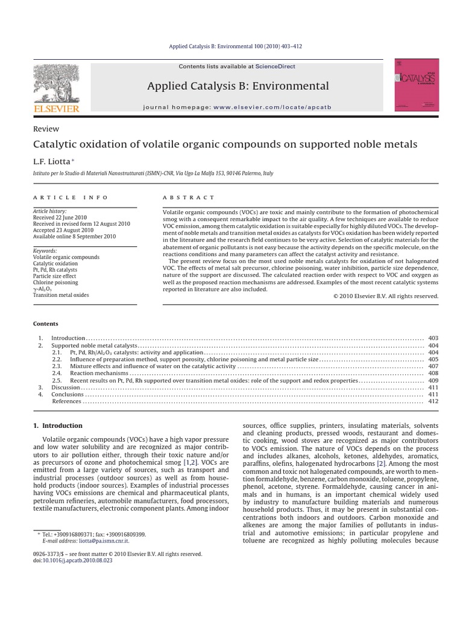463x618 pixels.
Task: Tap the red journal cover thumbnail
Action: coord(416,85)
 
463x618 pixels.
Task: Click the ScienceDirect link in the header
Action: coord(275,66)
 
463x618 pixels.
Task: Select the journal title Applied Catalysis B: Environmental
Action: coord(238,86)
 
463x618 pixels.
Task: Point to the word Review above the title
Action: coord(46,129)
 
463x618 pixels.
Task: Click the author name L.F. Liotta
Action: coord(52,161)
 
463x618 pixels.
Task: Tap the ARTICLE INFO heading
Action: coord(71,197)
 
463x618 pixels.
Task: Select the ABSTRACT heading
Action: coord(188,197)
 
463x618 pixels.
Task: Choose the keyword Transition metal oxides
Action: coord(61,295)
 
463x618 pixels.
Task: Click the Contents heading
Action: coord(45,323)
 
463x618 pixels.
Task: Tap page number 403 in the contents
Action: coord(433,338)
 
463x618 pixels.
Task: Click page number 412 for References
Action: coord(433,401)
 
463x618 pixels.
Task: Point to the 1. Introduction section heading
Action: coord(58,425)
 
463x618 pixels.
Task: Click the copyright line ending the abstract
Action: coord(386,296)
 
